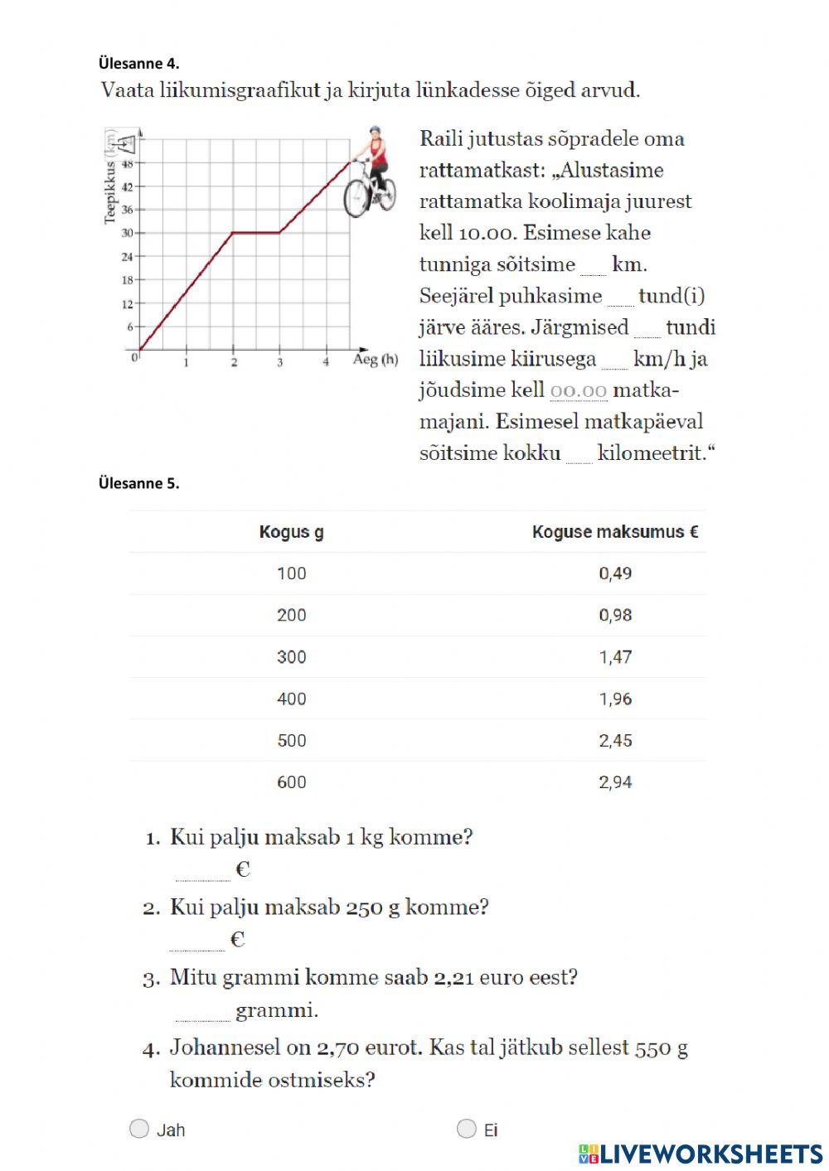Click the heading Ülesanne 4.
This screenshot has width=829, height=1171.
pyautogui.click(x=138, y=63)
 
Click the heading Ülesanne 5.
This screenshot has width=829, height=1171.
pyautogui.click(x=138, y=483)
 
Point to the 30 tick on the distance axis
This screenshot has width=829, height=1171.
pyautogui.click(x=128, y=233)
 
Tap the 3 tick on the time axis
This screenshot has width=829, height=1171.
pyautogui.click(x=279, y=362)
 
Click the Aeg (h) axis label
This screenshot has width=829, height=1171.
pyautogui.click(x=376, y=360)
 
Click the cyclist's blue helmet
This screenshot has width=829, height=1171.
pyautogui.click(x=375, y=132)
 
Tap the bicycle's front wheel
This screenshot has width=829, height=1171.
pyautogui.click(x=356, y=197)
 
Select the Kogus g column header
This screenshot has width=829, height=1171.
pyautogui.click(x=291, y=532)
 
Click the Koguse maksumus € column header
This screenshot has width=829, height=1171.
pyautogui.click(x=614, y=532)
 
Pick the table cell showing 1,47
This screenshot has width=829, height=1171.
pyautogui.click(x=615, y=657)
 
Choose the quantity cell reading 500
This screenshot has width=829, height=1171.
pyautogui.click(x=291, y=740)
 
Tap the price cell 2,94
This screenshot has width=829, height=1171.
pyautogui.click(x=615, y=782)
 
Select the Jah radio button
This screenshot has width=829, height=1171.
pyautogui.click(x=139, y=1129)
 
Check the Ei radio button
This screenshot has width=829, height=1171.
pyautogui.click(x=467, y=1129)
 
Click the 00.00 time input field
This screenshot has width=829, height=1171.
pyautogui.click(x=578, y=390)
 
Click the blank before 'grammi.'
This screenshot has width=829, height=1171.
pyautogui.click(x=202, y=1011)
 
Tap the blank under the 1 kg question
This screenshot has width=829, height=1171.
pyautogui.click(x=202, y=871)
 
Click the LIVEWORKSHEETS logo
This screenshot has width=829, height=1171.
pyautogui.click(x=701, y=1154)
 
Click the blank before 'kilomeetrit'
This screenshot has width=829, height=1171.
pyautogui.click(x=579, y=454)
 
